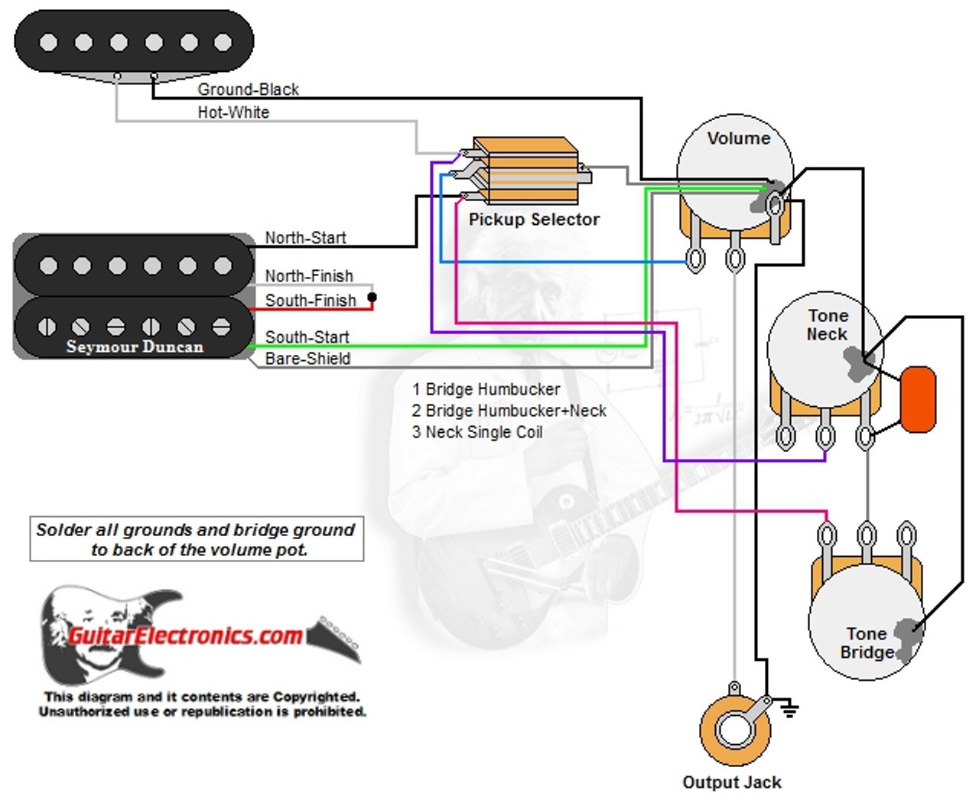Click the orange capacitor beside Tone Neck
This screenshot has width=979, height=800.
(919, 399)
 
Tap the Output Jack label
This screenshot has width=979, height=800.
(731, 782)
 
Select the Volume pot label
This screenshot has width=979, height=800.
(738, 138)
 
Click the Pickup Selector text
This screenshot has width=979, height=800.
(534, 220)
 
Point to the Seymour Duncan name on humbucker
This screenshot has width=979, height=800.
(135, 346)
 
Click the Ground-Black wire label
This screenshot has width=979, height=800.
(248, 89)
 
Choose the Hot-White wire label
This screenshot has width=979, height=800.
(233, 112)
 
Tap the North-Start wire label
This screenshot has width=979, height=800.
(305, 238)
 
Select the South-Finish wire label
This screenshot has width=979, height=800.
(310, 301)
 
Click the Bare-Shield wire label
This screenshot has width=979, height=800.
(307, 359)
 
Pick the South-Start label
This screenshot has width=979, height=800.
(307, 337)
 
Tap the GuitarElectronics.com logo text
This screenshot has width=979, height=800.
(186, 636)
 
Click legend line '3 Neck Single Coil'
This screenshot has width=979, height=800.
(477, 432)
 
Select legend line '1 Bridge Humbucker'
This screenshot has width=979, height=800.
(486, 389)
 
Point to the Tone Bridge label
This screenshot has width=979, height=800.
(867, 643)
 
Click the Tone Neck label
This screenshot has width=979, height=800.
(827, 325)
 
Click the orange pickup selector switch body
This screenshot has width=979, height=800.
(524, 163)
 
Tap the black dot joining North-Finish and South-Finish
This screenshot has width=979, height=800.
(372, 298)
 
